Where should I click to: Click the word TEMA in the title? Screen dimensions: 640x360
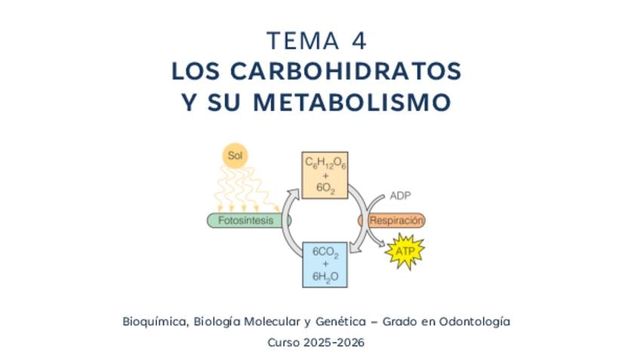tap(303, 42)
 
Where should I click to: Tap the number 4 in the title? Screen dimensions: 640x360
tap(359, 42)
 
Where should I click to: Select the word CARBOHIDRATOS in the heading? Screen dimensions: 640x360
tap(346, 71)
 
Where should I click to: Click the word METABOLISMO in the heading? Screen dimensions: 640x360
tap(352, 102)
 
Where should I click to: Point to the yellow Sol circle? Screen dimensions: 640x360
tap(235, 155)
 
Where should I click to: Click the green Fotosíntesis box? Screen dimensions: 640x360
tap(249, 220)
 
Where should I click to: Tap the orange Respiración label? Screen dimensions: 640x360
tap(392, 220)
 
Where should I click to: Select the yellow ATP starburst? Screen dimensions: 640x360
tap(405, 251)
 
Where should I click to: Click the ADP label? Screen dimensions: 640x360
tap(400, 196)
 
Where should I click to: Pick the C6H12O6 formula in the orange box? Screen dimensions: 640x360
tap(325, 163)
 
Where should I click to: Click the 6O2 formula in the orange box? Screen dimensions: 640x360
tap(325, 188)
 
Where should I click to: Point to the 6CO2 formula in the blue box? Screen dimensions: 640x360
tap(325, 252)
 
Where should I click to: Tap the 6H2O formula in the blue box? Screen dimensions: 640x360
tap(325, 277)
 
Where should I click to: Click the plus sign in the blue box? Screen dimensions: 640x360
tap(325, 264)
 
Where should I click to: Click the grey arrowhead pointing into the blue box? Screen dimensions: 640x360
tap(356, 247)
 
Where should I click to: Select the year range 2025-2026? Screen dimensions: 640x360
tap(334, 342)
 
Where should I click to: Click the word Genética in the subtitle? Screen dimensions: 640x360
tap(341, 322)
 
